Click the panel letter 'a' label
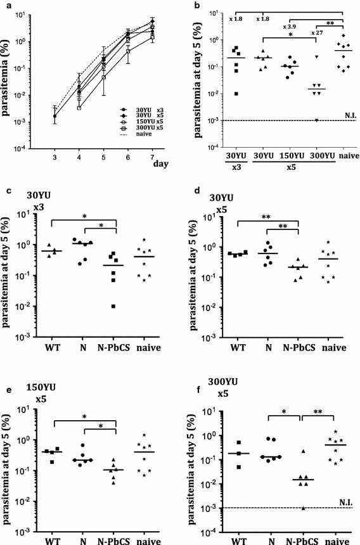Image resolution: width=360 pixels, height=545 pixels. [6, 6]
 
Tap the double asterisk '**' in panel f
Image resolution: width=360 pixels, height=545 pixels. [314, 411]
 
